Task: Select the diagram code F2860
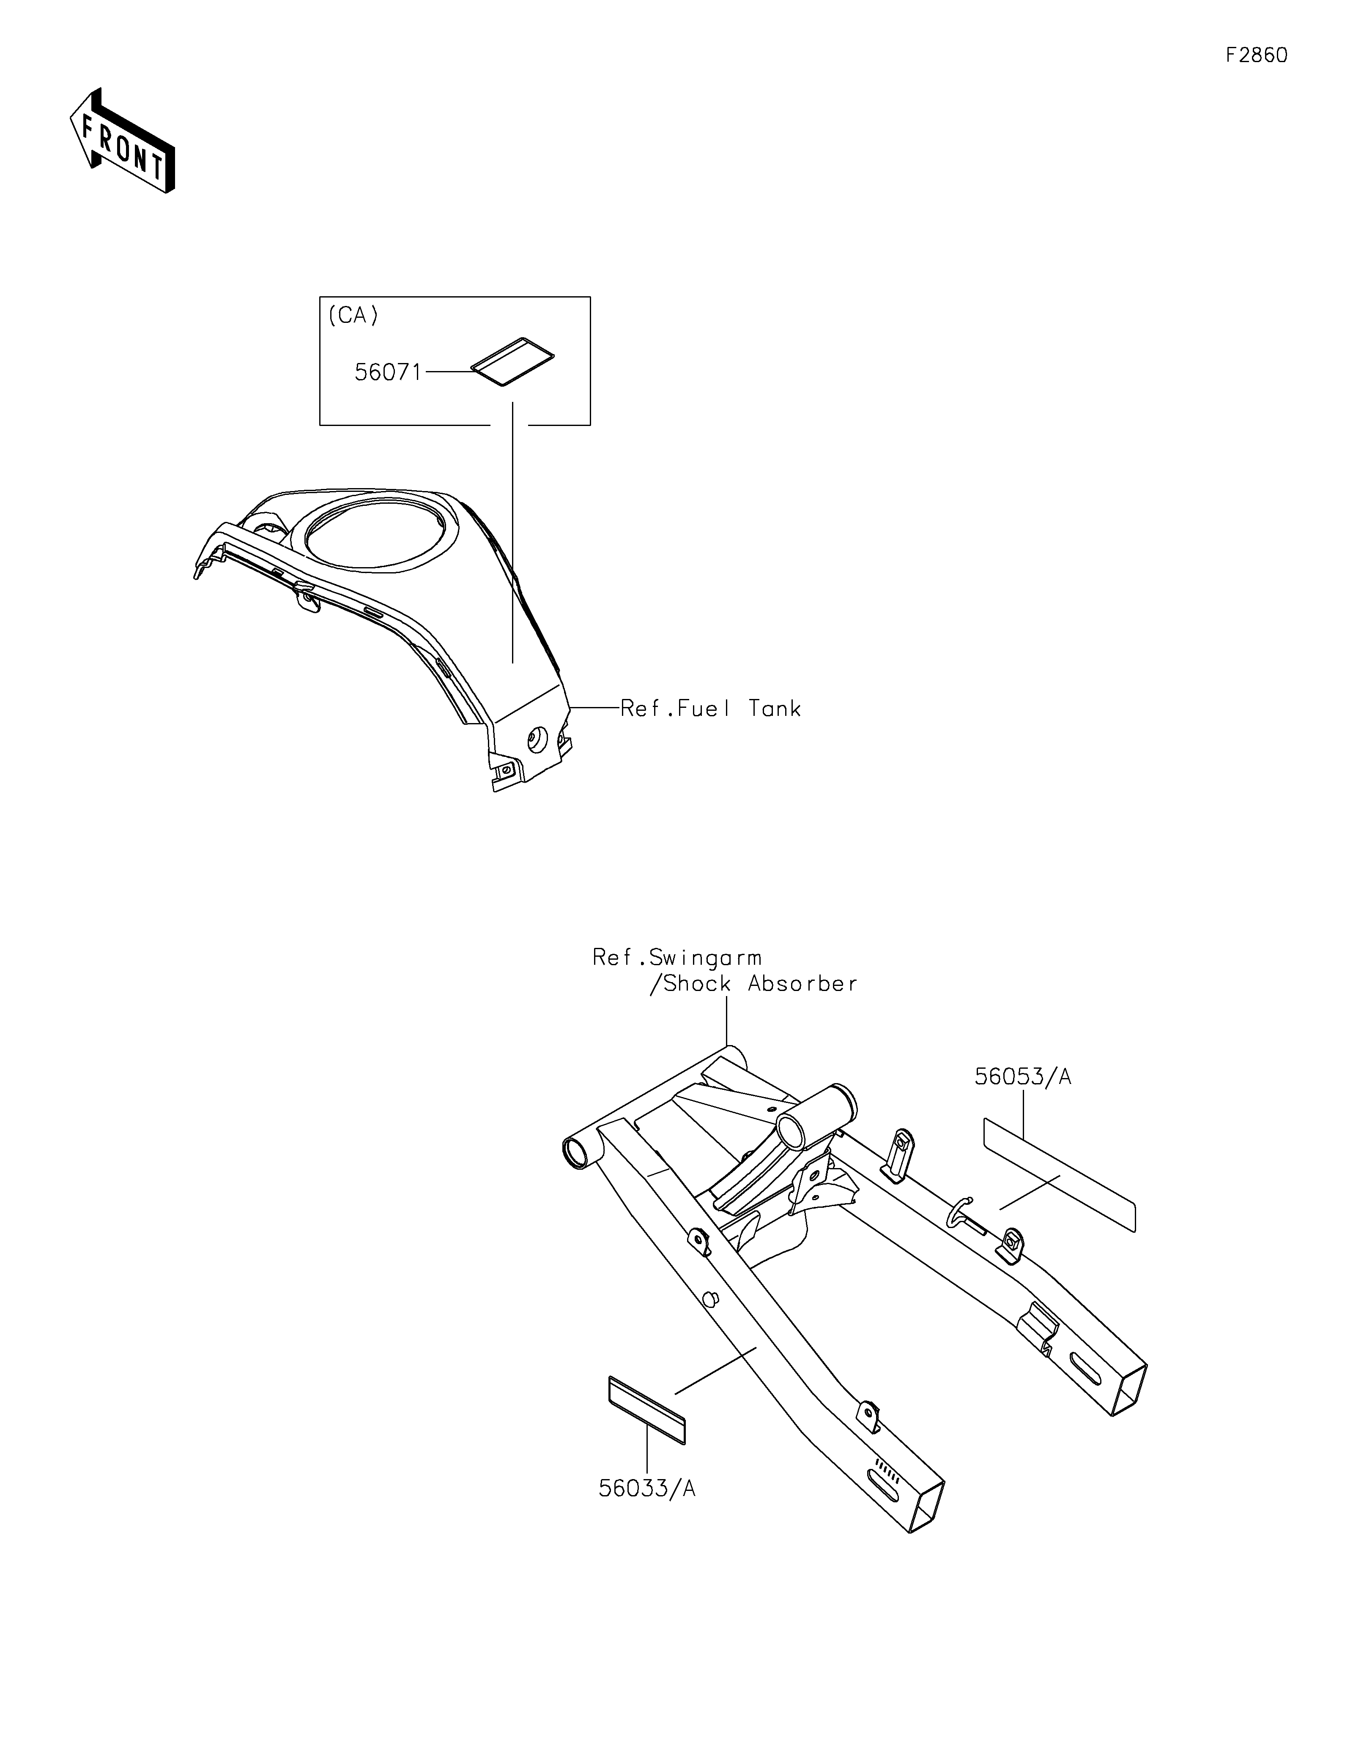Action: point(1256,55)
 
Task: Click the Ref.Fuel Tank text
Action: point(710,709)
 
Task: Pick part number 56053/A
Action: point(1022,1077)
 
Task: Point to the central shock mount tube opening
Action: point(792,1133)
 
